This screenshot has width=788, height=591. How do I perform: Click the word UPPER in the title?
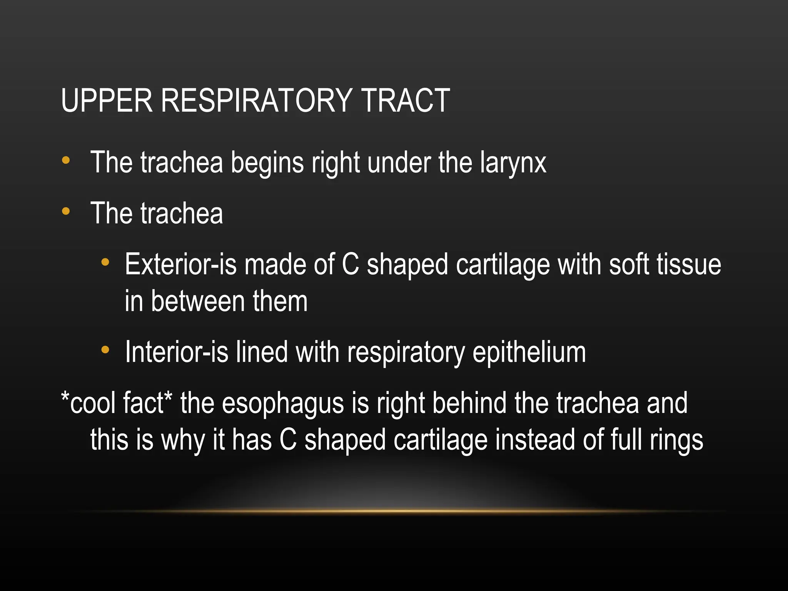(x=107, y=100)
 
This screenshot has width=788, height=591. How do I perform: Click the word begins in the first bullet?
(x=267, y=163)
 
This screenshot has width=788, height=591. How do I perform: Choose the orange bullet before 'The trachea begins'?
(x=66, y=160)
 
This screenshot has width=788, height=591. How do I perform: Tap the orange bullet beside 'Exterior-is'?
(x=105, y=262)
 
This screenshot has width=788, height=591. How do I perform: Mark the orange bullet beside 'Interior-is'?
(x=105, y=350)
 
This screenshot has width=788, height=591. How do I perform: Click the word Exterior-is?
(x=180, y=265)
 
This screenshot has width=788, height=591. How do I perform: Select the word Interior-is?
(x=177, y=352)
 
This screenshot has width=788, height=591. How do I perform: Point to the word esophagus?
(x=283, y=403)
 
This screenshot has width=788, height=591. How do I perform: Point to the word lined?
(x=262, y=352)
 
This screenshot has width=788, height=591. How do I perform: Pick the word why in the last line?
(x=182, y=440)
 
